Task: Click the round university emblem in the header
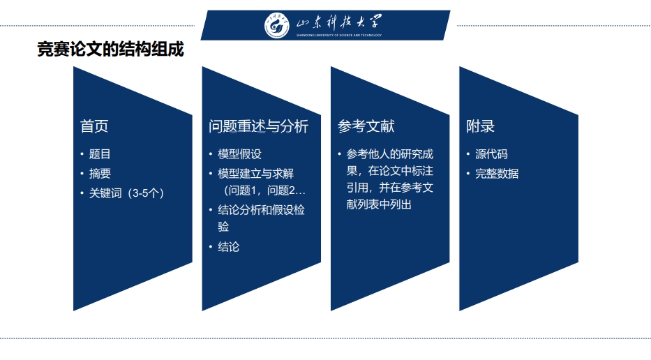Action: click(x=277, y=25)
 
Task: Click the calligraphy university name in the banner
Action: click(x=339, y=22)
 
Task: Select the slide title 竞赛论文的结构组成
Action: click(x=110, y=49)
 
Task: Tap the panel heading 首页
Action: click(x=94, y=126)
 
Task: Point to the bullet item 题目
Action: click(x=100, y=154)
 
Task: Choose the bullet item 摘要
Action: click(x=100, y=174)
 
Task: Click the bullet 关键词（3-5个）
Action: click(x=127, y=193)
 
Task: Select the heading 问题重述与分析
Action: click(x=259, y=126)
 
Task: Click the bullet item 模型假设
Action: click(x=239, y=154)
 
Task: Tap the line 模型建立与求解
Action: click(x=256, y=174)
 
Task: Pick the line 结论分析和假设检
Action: click(x=261, y=210)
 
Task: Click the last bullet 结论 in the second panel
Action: click(x=229, y=247)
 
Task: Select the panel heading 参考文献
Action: click(x=366, y=126)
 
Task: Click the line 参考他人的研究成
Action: click(x=390, y=154)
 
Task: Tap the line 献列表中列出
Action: click(x=379, y=204)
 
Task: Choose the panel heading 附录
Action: click(x=480, y=126)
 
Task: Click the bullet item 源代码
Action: click(x=492, y=154)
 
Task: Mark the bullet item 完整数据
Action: click(x=497, y=174)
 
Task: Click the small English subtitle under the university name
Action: click(x=339, y=36)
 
